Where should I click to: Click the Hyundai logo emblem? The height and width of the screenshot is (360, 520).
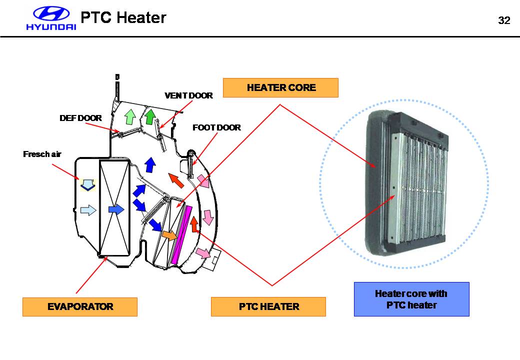coord(51,14)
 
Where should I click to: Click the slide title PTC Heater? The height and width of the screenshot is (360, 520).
coord(123,18)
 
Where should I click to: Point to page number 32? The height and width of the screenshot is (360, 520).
coord(504,20)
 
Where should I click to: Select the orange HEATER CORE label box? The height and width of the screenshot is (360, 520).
coord(280,87)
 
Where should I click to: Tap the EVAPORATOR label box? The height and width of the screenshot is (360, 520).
coord(80,306)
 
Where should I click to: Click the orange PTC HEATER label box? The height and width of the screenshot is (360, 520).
coord(268,306)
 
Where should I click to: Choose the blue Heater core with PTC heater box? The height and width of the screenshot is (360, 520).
coord(411,299)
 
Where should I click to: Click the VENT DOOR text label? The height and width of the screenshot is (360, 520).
coord(188,95)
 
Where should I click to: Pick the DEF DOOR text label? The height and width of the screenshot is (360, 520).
coord(80,118)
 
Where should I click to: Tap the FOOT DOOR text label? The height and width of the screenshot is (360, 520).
coord(216,127)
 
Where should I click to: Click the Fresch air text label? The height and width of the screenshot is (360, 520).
coord(42,154)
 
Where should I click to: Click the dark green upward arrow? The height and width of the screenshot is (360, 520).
coord(149,115)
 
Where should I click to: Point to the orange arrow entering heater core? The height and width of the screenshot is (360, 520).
coord(169,235)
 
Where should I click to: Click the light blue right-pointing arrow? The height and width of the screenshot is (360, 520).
coord(87,210)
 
